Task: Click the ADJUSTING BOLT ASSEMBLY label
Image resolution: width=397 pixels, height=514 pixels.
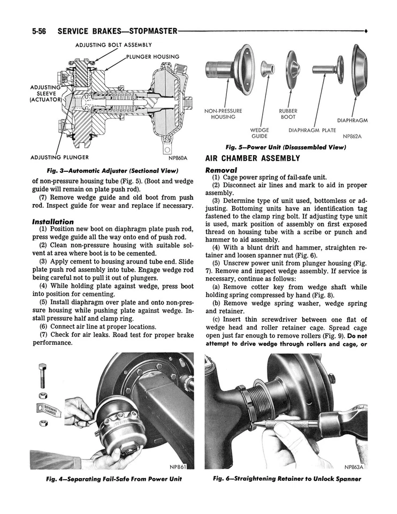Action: coord(113,45)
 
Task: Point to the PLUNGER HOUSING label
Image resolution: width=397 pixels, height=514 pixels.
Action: coord(152,56)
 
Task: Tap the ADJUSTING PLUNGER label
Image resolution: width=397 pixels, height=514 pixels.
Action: coord(59,157)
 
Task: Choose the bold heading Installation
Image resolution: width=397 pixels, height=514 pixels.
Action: coord(53,222)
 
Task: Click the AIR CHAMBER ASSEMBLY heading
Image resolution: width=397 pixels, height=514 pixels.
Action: coord(253,158)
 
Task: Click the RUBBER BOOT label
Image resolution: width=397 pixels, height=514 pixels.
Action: coord(288,114)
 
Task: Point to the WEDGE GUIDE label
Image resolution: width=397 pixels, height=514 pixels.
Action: coord(259,133)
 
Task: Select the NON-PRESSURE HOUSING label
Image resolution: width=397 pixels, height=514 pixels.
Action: coord(223,114)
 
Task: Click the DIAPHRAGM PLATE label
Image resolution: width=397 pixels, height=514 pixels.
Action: coord(312,130)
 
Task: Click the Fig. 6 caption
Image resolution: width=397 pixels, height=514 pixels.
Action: coord(287,479)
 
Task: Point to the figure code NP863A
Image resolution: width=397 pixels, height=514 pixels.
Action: coord(354,466)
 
